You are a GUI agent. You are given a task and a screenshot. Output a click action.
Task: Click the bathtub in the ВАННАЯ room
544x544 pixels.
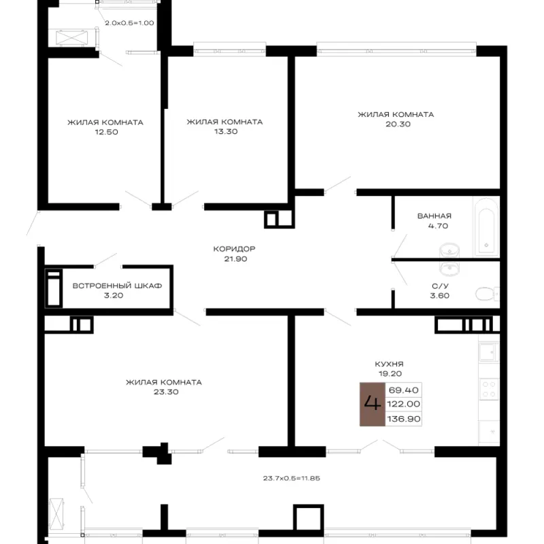point(486,227)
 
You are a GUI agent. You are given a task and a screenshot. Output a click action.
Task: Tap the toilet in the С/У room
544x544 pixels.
point(487,294)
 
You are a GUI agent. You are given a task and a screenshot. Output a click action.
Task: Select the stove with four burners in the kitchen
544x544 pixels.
point(489,389)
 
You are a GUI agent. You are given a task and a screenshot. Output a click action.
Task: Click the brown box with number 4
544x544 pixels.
point(372,404)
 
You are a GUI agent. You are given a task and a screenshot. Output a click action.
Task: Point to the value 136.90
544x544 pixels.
point(404,419)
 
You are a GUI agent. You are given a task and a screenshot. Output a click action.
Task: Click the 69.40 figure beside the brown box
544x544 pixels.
point(403,390)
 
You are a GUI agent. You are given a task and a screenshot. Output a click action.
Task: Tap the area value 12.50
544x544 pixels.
point(107,132)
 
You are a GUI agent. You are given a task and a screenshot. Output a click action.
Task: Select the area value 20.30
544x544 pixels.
point(398,124)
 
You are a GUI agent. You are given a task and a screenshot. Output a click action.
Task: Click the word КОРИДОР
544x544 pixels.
point(234,249)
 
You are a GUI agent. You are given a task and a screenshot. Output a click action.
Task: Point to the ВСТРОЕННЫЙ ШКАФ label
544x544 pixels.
point(117,286)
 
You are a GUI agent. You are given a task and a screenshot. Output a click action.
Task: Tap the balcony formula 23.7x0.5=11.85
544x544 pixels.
point(292,478)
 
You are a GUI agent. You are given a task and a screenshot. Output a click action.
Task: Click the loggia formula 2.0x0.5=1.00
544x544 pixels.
point(129,23)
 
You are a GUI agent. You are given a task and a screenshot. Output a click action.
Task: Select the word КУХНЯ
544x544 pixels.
point(389,364)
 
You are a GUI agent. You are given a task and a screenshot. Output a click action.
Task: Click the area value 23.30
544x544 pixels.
point(166,392)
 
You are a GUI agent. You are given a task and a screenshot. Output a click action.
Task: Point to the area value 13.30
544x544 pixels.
point(226,131)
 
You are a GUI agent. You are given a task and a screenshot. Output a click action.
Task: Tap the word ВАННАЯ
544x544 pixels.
point(435,216)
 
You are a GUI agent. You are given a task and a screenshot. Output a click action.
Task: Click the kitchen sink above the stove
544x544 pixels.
point(489,352)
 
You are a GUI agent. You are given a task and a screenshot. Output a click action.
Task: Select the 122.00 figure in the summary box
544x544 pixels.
point(403,404)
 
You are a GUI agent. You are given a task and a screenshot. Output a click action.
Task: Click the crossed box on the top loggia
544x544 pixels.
point(72,38)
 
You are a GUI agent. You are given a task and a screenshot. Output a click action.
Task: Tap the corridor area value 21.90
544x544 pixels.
point(235,258)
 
